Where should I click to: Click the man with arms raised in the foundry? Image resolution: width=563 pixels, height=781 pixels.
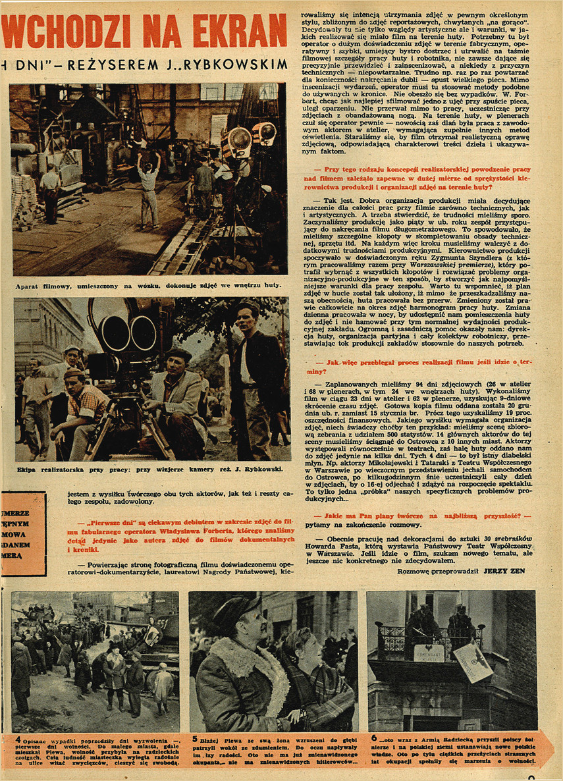click(149, 184)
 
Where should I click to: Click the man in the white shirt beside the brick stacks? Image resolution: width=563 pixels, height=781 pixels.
click(49, 191)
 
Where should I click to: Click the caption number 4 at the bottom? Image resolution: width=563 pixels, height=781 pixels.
click(18, 739)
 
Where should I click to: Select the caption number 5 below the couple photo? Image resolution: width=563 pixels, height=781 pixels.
click(195, 739)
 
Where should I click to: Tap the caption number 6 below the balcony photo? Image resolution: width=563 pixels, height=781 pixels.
click(373, 739)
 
